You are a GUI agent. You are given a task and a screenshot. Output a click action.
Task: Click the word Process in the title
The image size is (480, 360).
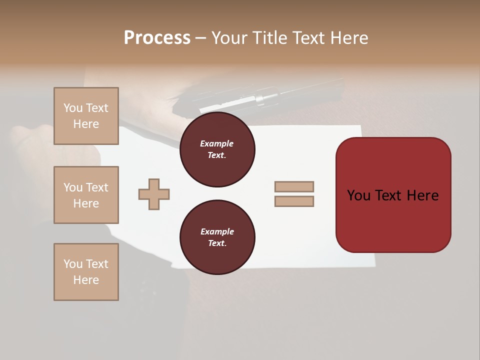tap(157, 38)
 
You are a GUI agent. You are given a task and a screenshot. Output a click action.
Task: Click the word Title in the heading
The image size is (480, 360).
tap(268, 38)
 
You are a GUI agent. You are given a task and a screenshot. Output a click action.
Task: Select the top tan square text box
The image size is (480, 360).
tap(86, 116)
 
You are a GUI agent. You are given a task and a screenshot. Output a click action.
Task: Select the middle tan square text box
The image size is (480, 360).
tap(86, 195)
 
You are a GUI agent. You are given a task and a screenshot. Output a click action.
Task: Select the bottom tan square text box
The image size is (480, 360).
tap(86, 272)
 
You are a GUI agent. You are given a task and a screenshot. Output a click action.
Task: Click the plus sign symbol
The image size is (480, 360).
tap(154, 194)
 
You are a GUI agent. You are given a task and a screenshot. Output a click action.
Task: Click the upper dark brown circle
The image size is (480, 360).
tap(217, 149)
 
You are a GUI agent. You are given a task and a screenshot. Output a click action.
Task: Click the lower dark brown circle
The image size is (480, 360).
tap(217, 237)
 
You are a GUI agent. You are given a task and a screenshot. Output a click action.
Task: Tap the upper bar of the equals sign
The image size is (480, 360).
tap(294, 186)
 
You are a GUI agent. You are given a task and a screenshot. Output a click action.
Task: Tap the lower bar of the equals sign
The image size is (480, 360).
tap(294, 201)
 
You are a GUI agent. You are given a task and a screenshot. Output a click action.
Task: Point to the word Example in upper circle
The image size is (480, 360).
tap(217, 143)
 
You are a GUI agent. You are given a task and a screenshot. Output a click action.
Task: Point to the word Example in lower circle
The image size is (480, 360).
tap(217, 231)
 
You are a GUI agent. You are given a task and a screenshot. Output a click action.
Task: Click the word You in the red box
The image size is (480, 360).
tap(359, 195)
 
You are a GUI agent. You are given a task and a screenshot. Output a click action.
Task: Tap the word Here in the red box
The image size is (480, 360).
tap(422, 195)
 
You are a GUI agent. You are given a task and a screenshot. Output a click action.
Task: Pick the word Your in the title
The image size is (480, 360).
tap(229, 38)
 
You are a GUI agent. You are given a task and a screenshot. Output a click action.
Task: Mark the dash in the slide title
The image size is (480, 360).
tap(201, 38)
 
